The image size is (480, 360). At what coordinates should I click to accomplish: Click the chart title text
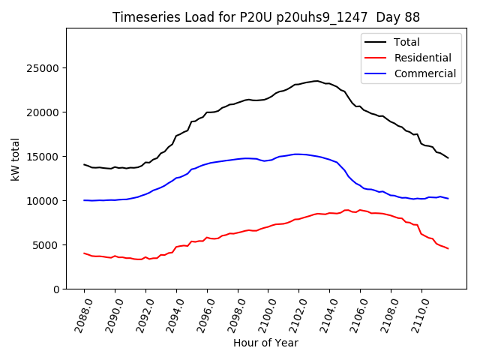coord(266,17)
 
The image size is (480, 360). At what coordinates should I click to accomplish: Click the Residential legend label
coord(422,58)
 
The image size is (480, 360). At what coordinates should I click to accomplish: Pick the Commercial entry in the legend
coord(424,73)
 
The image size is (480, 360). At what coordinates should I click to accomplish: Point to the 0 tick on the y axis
coord(56,289)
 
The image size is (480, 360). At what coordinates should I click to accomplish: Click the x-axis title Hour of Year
coord(265,343)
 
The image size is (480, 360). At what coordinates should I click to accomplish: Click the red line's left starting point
coord(84,253)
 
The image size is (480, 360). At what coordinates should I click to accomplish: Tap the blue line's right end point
coord(448,199)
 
